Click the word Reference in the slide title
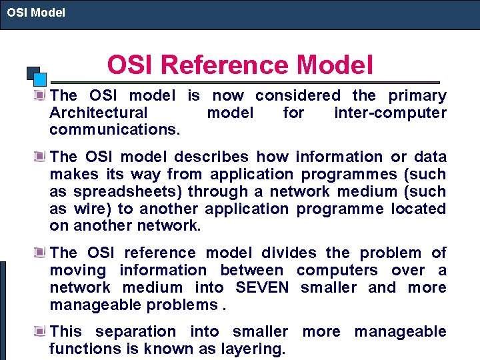pyautogui.click(x=225, y=65)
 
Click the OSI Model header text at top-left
pyautogui.click(x=36, y=12)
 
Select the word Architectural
pyautogui.click(x=99, y=113)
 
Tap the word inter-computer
pyautogui.click(x=390, y=113)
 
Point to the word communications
pyautogui.click(x=115, y=130)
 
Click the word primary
pyautogui.click(x=418, y=95)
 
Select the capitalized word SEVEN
pyautogui.click(x=262, y=287)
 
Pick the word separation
pyautogui.click(x=136, y=331)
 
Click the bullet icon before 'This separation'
pyautogui.click(x=41, y=331)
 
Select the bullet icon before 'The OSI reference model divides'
pyautogui.click(x=41, y=252)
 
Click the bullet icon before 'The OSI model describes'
pyautogui.click(x=41, y=156)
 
